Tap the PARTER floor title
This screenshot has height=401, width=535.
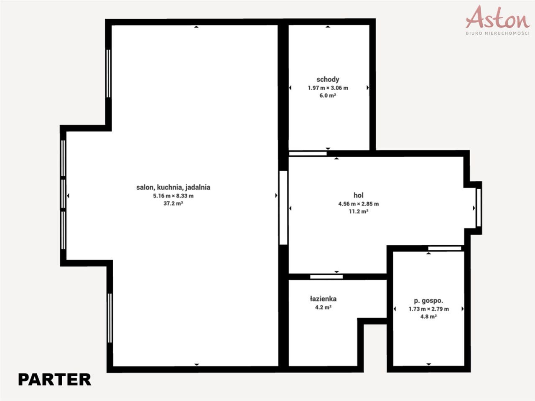tap(55, 380)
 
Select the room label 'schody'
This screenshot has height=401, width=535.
tap(328, 80)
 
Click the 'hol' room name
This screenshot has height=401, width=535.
tap(358, 195)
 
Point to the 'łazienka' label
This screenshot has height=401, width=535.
tap(323, 299)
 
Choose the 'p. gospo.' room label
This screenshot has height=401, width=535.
tap(428, 301)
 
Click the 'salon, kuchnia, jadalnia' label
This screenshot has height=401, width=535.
tap(173, 187)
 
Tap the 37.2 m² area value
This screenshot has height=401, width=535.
tap(173, 203)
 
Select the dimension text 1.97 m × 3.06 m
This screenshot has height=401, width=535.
tap(328, 88)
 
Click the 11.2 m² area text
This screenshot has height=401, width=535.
tap(359, 211)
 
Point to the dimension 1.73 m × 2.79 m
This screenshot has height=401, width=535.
tap(429, 309)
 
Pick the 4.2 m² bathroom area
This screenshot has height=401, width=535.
tap(323, 307)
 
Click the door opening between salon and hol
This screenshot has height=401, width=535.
tap(283, 208)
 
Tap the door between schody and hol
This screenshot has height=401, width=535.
tap(308, 154)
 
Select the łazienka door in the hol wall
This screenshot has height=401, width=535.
tap(326, 277)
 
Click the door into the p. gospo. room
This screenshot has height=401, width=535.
tap(445, 249)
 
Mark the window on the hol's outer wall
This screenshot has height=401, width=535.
tap(479, 208)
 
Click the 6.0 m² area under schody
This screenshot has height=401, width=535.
tap(328, 95)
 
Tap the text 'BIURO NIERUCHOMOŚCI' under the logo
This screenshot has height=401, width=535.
tap(498, 33)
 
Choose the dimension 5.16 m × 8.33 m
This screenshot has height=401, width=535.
tap(173, 196)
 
